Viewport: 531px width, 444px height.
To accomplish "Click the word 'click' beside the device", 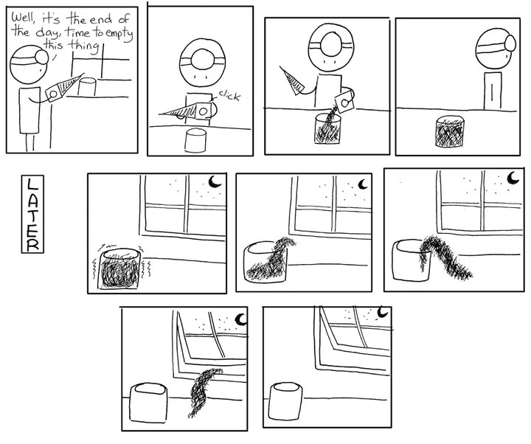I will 231,97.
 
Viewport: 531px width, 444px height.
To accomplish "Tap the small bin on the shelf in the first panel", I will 88,87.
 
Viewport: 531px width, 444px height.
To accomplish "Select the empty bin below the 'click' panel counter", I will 197,141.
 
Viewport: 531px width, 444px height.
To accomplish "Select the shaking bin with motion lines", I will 123,270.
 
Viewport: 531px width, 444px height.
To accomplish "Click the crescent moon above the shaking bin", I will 214,181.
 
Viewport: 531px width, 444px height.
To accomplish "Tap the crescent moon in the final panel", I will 382,313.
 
